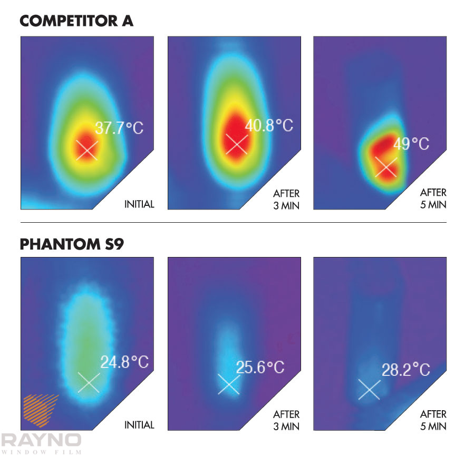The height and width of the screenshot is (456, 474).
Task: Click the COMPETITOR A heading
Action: [x=77, y=21]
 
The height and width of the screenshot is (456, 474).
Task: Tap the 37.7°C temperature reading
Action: [x=119, y=128]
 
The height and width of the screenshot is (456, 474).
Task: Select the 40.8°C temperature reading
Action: [x=268, y=126]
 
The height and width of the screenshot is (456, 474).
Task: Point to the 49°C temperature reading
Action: [x=412, y=144]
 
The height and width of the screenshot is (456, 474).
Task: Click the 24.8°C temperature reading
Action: [x=124, y=362]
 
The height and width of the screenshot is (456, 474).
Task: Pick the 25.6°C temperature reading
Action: [x=260, y=367]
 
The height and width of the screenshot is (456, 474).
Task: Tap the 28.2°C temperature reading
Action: [x=406, y=370]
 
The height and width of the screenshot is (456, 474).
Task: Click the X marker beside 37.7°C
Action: [x=86, y=150]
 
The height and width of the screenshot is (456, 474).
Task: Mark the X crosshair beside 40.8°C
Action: [x=236, y=144]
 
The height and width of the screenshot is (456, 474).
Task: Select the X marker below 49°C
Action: [x=385, y=167]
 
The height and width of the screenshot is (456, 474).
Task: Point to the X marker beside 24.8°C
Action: [x=88, y=382]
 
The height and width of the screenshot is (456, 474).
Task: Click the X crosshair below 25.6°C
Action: [x=229, y=384]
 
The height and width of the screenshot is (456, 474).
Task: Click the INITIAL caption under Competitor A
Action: [x=139, y=204]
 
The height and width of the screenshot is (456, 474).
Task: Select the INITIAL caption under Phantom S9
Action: [x=139, y=425]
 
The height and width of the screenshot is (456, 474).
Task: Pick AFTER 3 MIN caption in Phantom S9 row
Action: [x=286, y=420]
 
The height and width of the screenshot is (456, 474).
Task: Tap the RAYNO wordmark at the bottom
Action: [x=41, y=440]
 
